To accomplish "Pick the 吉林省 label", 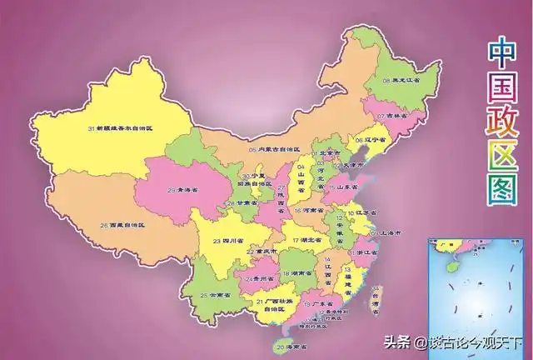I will point(390,116).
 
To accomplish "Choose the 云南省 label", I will point(216,295).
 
